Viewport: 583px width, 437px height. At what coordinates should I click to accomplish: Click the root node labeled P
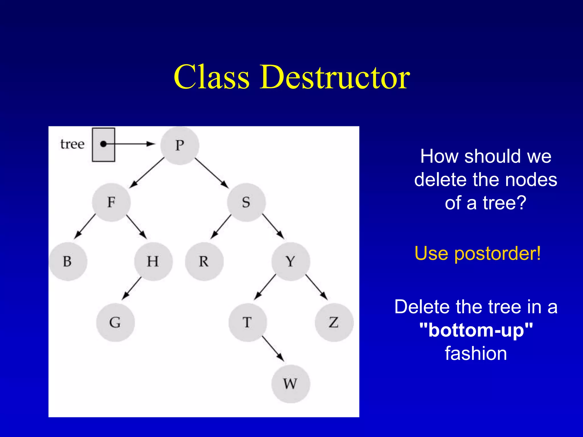(x=180, y=146)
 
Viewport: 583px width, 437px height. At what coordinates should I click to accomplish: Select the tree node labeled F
(x=111, y=202)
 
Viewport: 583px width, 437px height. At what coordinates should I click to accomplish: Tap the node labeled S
(x=246, y=202)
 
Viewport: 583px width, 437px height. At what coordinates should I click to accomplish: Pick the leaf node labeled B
(x=68, y=261)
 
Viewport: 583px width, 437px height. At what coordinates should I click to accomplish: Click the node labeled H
(x=153, y=261)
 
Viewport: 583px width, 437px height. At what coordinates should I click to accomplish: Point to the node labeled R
(x=204, y=261)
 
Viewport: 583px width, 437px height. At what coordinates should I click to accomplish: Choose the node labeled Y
(x=290, y=261)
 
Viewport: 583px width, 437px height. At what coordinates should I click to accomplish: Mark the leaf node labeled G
(x=115, y=322)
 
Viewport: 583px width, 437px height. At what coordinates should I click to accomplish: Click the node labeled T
(x=247, y=322)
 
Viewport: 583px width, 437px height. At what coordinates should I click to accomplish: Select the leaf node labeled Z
(x=334, y=322)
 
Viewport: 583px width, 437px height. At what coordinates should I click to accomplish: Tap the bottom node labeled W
(x=290, y=384)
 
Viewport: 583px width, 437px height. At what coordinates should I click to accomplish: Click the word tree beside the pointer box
(x=72, y=144)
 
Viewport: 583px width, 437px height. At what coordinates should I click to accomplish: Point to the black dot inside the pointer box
(x=104, y=144)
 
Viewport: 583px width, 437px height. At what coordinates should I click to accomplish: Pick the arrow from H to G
(x=132, y=288)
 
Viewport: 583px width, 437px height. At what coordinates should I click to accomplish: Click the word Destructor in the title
(x=335, y=77)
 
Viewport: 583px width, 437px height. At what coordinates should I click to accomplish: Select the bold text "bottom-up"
(x=476, y=330)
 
